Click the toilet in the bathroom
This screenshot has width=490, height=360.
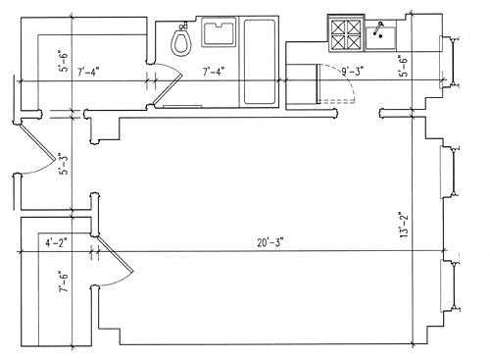[x=181, y=40]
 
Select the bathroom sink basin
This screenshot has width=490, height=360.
[x=219, y=33]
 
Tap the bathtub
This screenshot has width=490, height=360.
[x=260, y=62]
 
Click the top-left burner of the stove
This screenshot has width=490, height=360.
[x=338, y=27]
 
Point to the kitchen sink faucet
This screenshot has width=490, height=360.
[x=378, y=28]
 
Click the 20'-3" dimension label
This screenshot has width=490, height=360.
[x=269, y=243]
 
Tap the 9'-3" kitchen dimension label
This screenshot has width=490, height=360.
[x=353, y=72]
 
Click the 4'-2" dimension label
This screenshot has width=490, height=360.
[x=56, y=243]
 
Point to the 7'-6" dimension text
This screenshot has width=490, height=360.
[x=64, y=282]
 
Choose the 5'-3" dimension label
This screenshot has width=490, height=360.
[x=64, y=164]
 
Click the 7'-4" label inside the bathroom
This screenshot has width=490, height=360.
[x=214, y=72]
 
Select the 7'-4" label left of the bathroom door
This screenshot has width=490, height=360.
[x=88, y=72]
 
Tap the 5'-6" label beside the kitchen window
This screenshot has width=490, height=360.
[x=405, y=66]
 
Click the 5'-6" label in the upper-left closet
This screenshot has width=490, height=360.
[x=64, y=61]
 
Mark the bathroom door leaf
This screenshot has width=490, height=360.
[x=168, y=89]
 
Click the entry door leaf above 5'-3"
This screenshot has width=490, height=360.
[x=37, y=142]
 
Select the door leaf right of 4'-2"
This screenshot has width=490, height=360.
[x=116, y=254]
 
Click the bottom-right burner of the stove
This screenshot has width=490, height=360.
[x=354, y=42]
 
